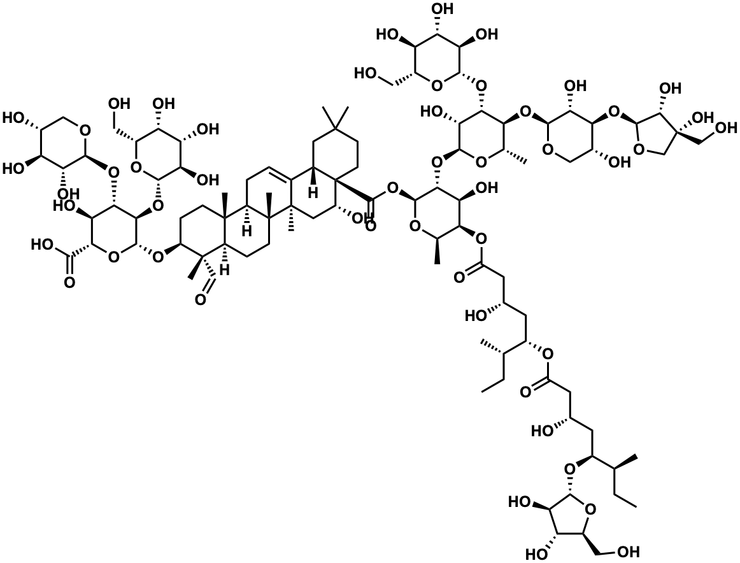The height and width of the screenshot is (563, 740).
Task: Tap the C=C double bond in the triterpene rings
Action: click(280, 169)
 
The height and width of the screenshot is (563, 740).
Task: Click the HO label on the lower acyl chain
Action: click(543, 431)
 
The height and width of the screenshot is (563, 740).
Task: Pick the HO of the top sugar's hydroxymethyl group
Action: click(369, 74)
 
